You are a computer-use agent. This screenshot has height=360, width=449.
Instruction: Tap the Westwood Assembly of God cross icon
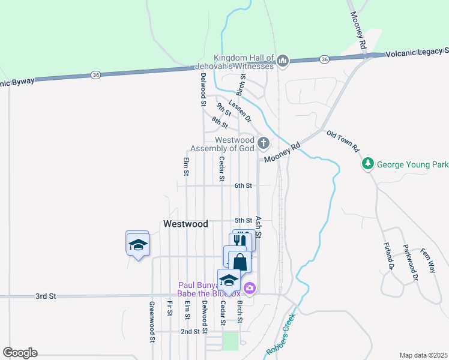[x=263, y=143]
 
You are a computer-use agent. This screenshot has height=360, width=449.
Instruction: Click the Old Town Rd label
[x=343, y=140]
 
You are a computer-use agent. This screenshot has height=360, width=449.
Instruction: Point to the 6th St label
[x=243, y=186]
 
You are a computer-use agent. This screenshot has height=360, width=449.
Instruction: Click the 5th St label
[x=243, y=221]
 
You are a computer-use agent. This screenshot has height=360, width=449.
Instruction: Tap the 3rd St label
[x=45, y=296]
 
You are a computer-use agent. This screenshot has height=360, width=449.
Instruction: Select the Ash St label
[x=259, y=227]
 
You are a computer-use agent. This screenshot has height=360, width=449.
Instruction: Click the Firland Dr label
[x=387, y=255]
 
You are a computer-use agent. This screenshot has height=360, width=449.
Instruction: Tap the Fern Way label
[x=427, y=261]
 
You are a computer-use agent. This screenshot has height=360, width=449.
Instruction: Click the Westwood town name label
[x=185, y=224]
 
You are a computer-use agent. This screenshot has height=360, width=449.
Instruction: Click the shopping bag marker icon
[x=240, y=262]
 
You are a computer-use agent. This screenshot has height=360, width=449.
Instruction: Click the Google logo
[x=20, y=353]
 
